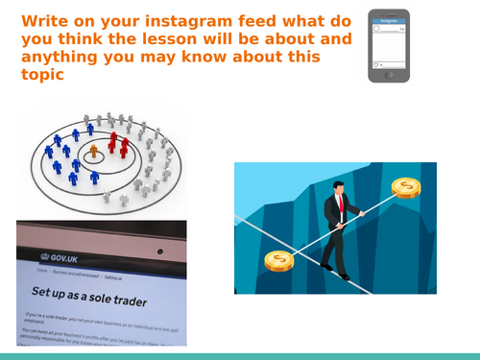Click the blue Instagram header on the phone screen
pyautogui.click(x=387, y=19)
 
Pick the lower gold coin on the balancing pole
pyautogui.click(x=278, y=259)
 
